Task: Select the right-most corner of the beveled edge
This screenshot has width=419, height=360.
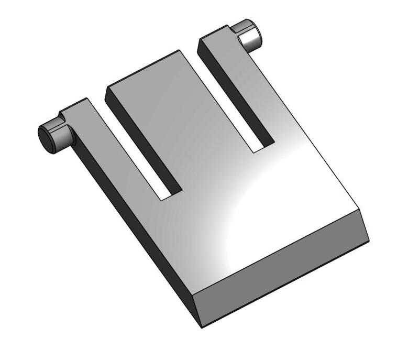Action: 369,242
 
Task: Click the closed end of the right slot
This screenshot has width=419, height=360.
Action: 263,148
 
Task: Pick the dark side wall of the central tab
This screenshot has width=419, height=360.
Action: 141,141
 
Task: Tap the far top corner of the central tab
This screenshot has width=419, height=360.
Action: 180,50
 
